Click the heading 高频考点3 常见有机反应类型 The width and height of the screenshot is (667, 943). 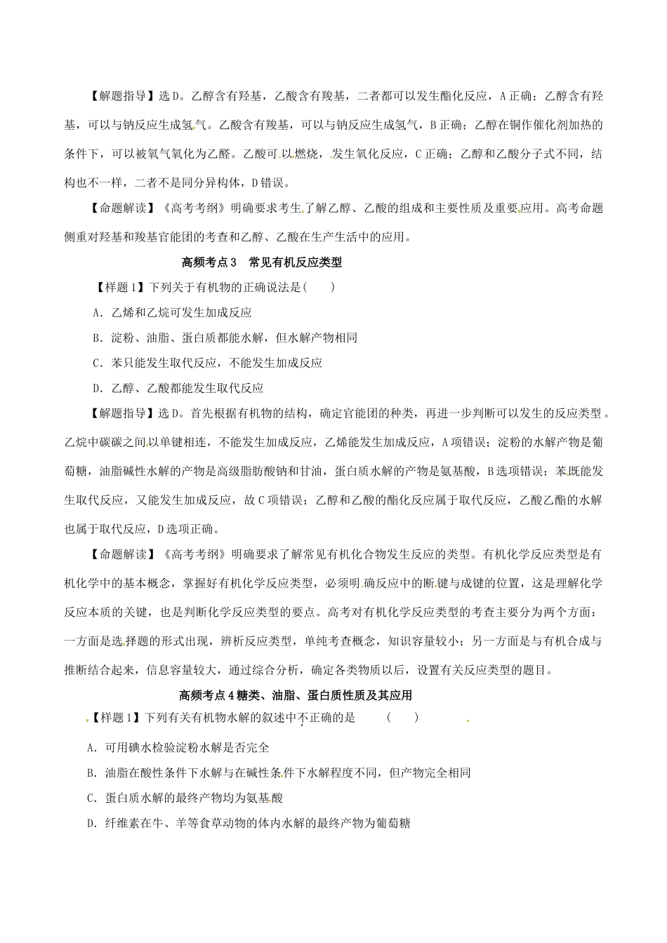pyautogui.click(x=261, y=263)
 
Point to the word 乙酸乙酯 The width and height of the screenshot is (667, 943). pyautogui.click(x=543, y=500)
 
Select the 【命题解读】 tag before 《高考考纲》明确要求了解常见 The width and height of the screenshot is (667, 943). pyautogui.click(x=118, y=554)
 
